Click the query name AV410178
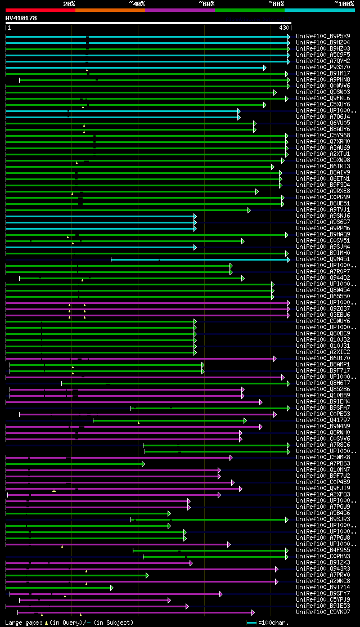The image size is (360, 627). coord(21,18)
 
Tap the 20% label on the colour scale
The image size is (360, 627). coord(69,4)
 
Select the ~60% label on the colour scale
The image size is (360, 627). coord(206,4)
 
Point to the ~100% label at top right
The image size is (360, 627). coord(344,4)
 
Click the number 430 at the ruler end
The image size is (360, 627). coord(284,28)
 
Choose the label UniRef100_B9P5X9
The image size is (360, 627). coord(323,36)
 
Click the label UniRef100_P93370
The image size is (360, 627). coord(323,67)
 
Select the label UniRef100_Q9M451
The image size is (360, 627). coord(323,259)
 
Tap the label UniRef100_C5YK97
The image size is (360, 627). coord(323,612)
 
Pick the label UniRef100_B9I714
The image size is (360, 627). coord(323,587)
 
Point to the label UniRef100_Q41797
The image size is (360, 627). coord(323,420)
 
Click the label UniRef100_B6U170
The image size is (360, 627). coord(323,358)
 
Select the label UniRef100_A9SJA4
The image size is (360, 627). coord(323,247)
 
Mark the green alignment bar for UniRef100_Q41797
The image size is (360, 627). coord(169,420)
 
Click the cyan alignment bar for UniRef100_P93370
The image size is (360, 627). coord(135,67)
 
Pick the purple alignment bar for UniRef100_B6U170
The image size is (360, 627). coord(141,358)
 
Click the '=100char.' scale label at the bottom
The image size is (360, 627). coord(272,622)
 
